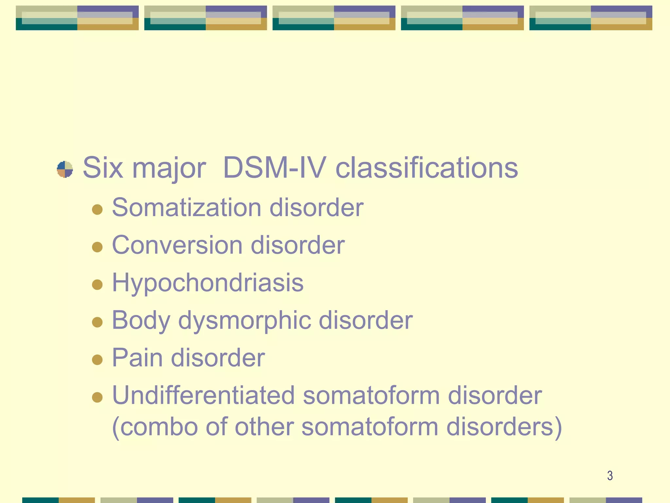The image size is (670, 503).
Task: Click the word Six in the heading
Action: pyautogui.click(x=103, y=168)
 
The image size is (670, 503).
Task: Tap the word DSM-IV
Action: pyautogui.click(x=274, y=168)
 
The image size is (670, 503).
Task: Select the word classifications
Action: pyautogui.click(x=427, y=168)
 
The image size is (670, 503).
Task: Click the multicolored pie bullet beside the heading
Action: pyautogui.click(x=65, y=169)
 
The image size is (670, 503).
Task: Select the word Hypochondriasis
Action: pyautogui.click(x=208, y=283)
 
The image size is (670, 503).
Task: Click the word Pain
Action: pyautogui.click(x=137, y=358)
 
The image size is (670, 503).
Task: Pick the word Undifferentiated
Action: pyautogui.click(x=203, y=395)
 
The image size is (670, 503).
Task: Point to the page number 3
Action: pyautogui.click(x=610, y=475)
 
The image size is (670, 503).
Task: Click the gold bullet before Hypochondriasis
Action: pyautogui.click(x=97, y=284)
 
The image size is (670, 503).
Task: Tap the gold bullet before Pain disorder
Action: pyautogui.click(x=97, y=360)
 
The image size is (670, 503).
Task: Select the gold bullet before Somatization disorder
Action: pyautogui.click(x=97, y=209)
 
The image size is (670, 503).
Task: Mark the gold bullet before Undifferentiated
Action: pyautogui.click(x=97, y=397)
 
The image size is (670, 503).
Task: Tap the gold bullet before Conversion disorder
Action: pyautogui.click(x=97, y=247)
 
